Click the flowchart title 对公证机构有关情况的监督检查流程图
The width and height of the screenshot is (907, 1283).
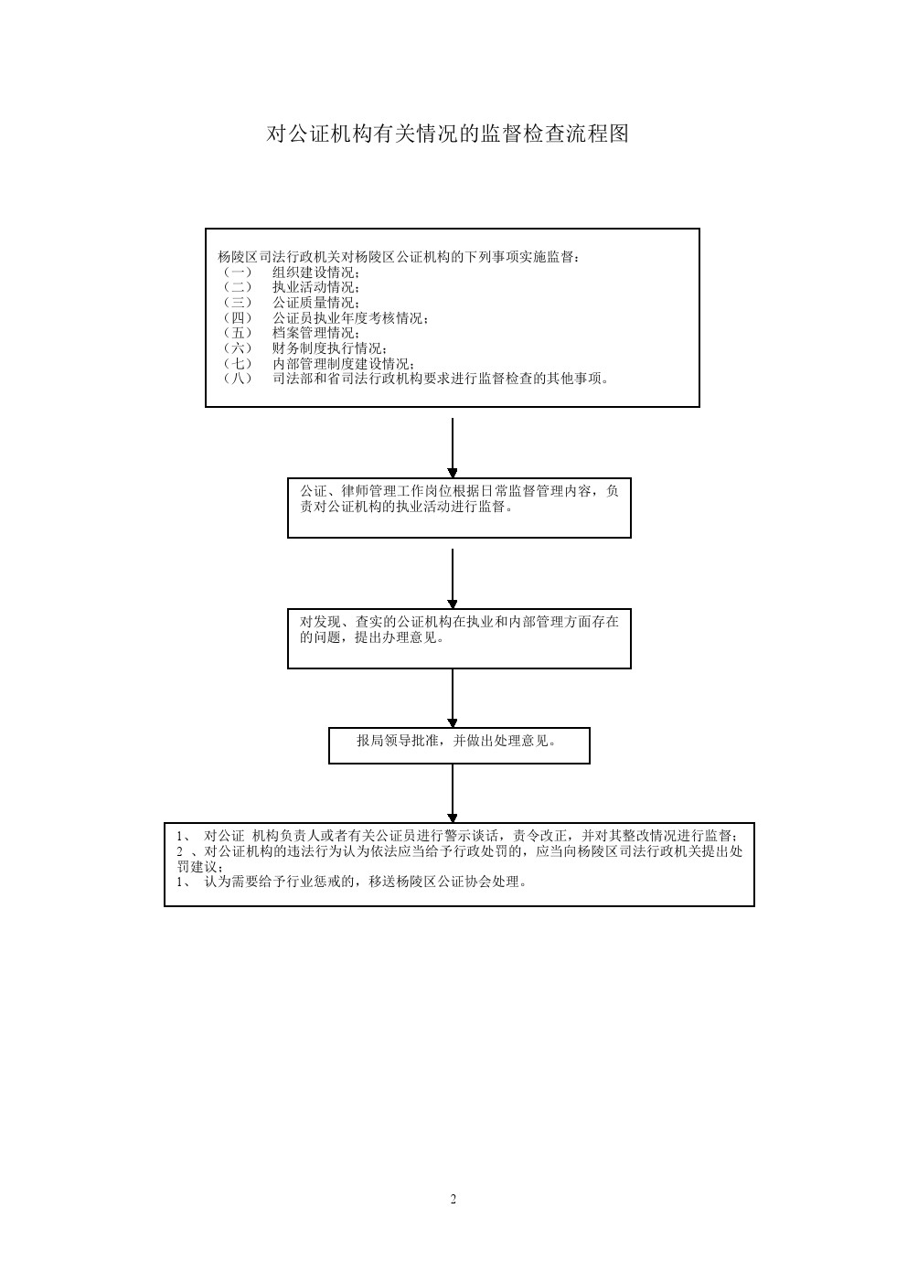pos(447,134)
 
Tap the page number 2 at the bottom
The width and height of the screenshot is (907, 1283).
pos(453,1199)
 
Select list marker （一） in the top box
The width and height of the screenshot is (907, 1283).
pos(237,273)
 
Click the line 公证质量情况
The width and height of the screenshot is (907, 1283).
pos(316,303)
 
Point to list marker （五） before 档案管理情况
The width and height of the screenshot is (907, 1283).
pos(237,333)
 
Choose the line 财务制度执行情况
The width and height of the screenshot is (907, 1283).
pos(330,348)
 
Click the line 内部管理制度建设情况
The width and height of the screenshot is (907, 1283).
pos(344,364)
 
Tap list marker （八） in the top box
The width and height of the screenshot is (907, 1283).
pos(237,379)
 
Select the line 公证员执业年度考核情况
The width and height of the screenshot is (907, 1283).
pos(350,318)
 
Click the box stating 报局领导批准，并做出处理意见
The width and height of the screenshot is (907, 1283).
pos(459,745)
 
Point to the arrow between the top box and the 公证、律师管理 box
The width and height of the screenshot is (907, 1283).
pos(453,448)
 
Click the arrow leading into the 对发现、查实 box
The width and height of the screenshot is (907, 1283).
pos(453,579)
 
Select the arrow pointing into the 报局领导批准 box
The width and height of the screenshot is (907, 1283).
pos(453,699)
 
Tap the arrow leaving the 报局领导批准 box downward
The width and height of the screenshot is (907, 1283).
pos(453,793)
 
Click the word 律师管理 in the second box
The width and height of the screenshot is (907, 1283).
pos(368,491)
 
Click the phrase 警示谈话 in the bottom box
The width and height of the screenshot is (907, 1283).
pos(471,836)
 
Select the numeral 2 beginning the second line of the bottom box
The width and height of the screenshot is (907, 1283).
pos(180,851)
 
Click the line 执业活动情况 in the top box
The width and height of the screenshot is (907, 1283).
pos(316,287)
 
